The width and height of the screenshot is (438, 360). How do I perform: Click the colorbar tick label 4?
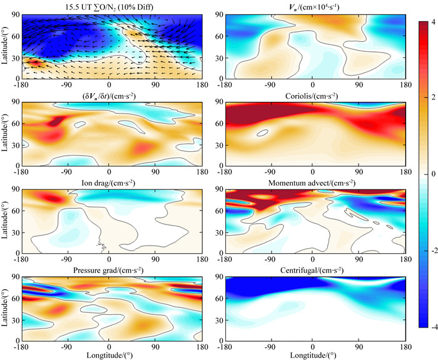pos(432,23)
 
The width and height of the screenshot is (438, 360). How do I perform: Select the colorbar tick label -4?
pos(431,326)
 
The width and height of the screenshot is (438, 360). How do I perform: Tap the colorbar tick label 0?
pos(432,174)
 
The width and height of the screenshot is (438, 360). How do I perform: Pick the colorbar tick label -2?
pos(431,250)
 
